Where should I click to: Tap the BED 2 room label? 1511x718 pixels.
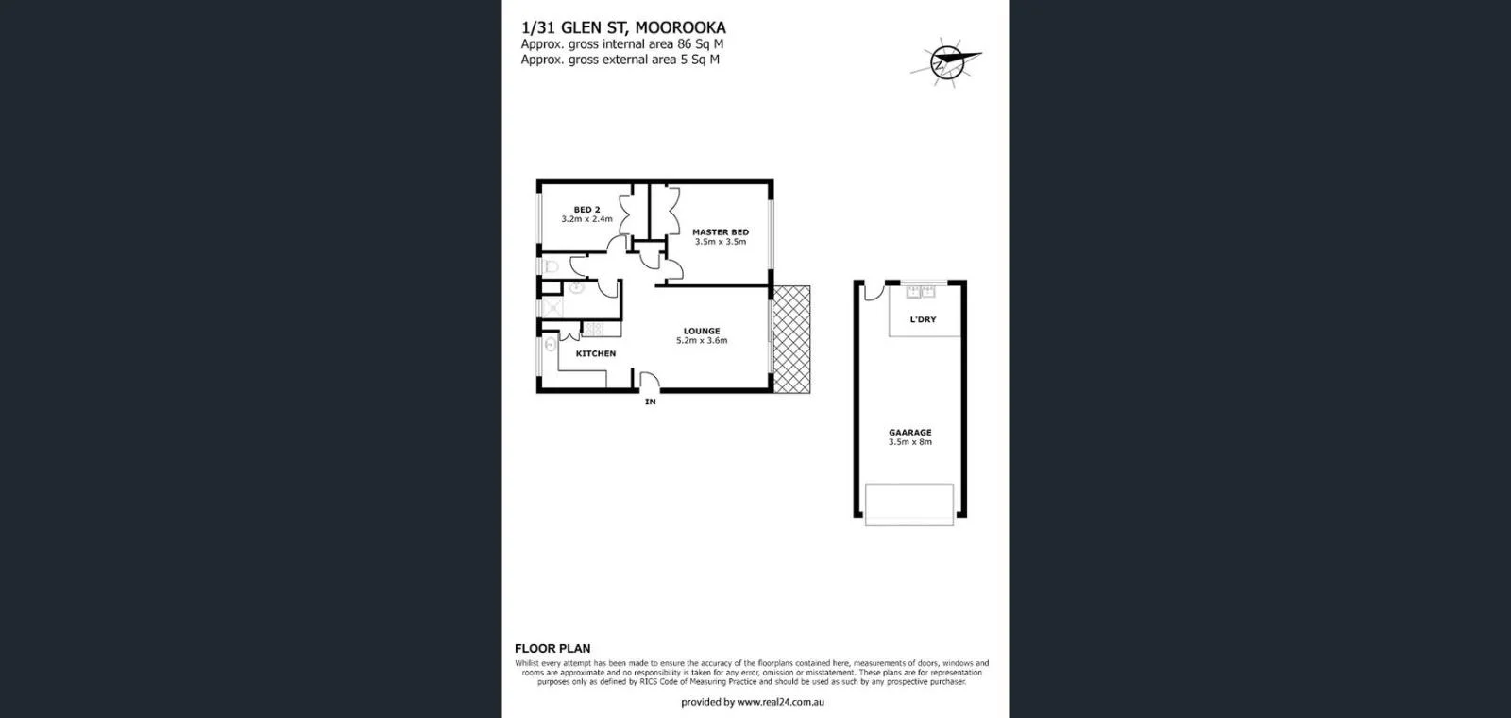point(586,210)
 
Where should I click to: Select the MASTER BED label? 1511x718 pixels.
point(721,231)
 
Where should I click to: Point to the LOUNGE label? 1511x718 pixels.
point(702,331)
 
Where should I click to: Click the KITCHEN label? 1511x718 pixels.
point(596,353)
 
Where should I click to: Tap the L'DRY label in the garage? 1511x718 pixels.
point(923,319)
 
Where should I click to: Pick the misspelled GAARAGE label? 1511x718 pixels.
point(909,432)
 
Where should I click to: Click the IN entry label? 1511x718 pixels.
point(650,402)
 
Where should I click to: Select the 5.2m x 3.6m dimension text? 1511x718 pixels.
point(702,341)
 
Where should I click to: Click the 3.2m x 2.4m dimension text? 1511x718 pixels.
point(586,219)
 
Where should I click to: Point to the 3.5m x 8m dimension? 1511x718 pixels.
point(909,442)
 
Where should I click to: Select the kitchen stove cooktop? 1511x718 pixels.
point(592,329)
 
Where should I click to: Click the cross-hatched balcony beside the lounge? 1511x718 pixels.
point(790,340)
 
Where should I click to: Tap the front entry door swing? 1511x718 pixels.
point(650,383)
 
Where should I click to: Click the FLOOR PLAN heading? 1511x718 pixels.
point(552,648)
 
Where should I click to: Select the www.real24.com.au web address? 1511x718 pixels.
point(780,702)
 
